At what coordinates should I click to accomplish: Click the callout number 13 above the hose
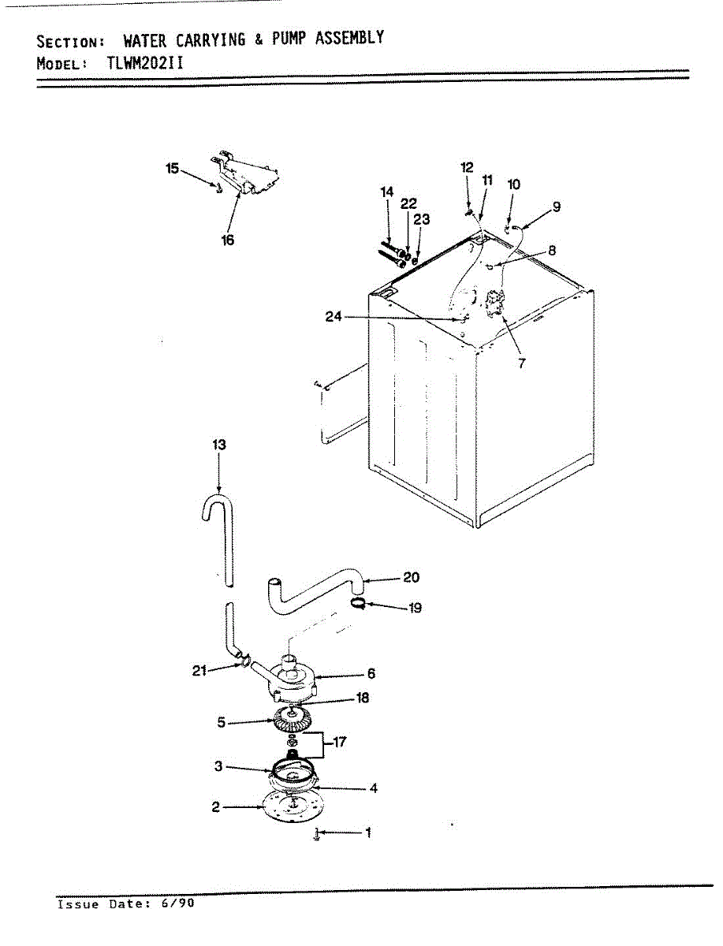pos(218,445)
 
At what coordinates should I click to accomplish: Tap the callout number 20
pos(411,578)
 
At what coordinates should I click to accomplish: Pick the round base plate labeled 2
pos(293,811)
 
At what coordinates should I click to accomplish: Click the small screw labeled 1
pos(316,834)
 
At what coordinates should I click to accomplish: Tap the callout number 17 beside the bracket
pos(340,742)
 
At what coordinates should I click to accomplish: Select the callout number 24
pos(333,318)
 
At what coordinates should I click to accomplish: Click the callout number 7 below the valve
pos(521,363)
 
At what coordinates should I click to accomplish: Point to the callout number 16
pos(228,240)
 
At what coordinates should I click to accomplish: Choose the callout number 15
pos(172,168)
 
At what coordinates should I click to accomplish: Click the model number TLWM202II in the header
pos(145,63)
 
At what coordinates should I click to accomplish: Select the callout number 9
pos(556,207)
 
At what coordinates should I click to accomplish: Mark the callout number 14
pos(386,192)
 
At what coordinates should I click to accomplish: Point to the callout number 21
pos(199,671)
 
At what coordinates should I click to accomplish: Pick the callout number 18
pos(363,698)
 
